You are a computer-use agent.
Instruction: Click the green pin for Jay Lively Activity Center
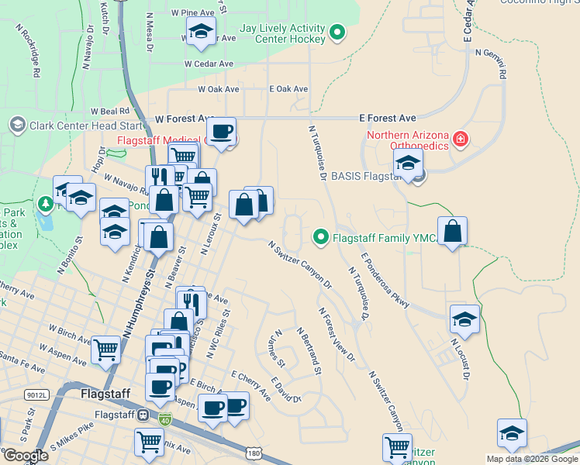(337, 33)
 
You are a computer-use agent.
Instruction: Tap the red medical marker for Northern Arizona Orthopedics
(461, 139)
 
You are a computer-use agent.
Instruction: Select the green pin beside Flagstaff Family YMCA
(319, 236)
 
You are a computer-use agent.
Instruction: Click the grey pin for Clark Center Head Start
(17, 125)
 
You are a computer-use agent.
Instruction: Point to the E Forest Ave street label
(388, 119)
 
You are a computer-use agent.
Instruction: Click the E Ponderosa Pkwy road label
(385, 277)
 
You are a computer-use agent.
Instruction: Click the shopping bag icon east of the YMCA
(452, 231)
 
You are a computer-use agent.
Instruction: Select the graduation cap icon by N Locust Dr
(464, 319)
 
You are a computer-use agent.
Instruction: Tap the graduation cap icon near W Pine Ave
(200, 32)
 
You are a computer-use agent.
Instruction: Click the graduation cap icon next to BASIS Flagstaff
(407, 164)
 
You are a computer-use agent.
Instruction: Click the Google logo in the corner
(25, 456)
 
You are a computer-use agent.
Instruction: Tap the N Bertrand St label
(308, 350)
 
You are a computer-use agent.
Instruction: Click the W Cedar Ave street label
(209, 64)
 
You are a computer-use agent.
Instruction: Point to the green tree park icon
(46, 204)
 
